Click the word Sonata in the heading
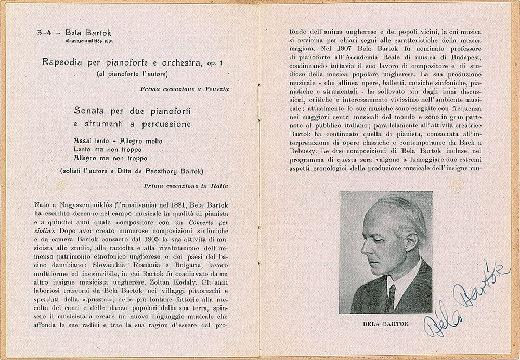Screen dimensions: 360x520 point(91,110)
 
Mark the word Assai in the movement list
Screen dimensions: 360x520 point(84,141)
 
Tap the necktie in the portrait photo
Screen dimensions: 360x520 point(391,297)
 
